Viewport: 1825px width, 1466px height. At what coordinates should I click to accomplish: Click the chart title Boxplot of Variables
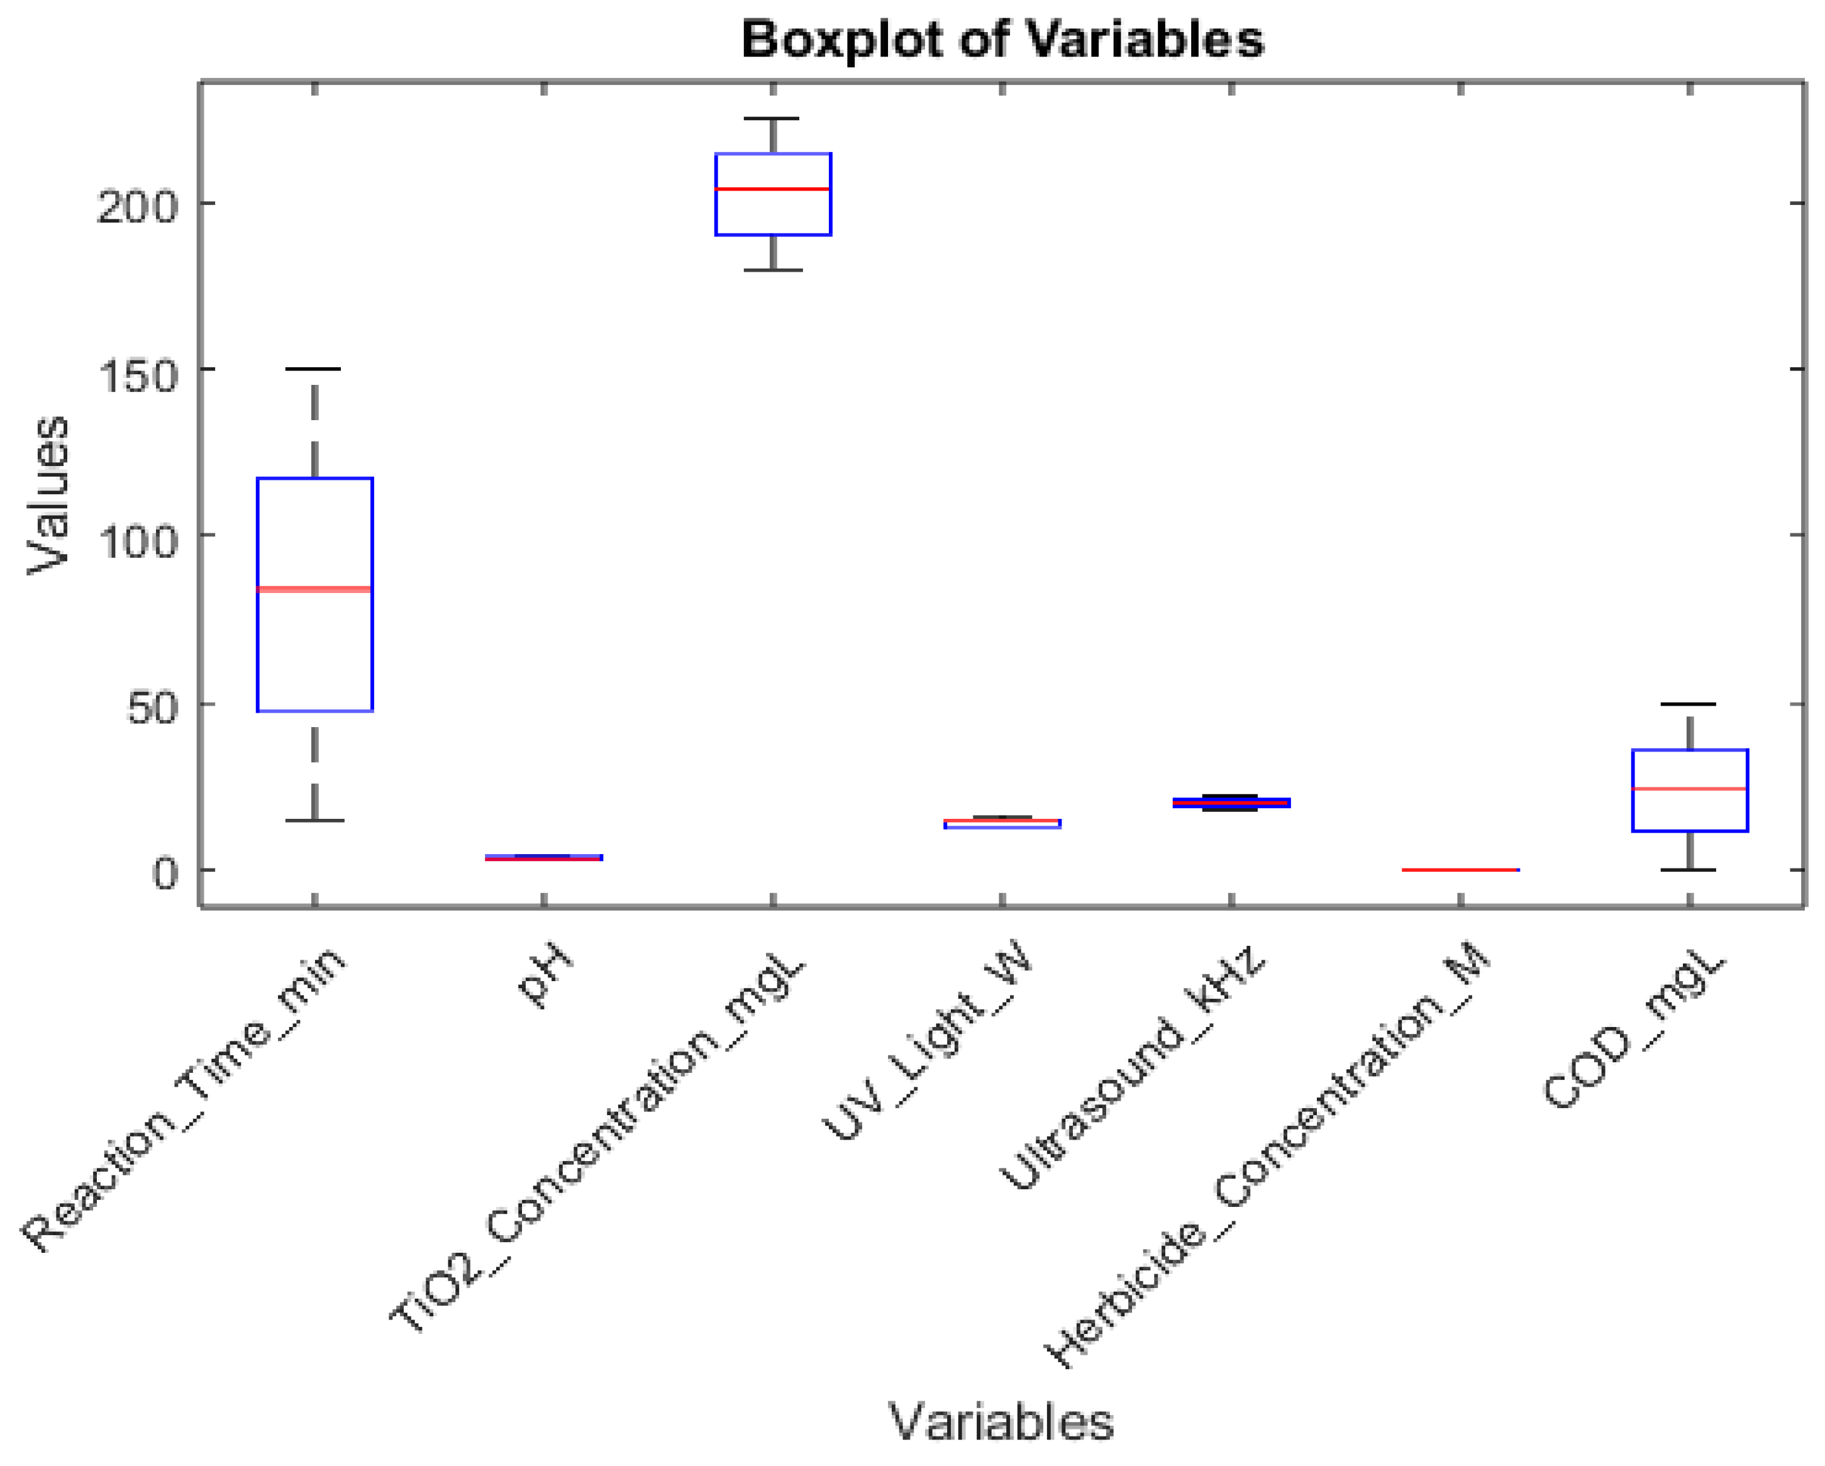(x=1001, y=39)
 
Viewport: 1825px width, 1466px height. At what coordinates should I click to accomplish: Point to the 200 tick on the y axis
(x=137, y=206)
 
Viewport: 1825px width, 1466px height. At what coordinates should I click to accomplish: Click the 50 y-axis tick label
(x=152, y=708)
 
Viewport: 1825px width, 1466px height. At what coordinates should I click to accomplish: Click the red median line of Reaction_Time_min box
(x=315, y=589)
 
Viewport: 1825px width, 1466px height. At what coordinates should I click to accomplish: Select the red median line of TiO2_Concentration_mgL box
(x=773, y=189)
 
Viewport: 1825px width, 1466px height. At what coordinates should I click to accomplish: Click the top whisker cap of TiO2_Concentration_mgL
(x=772, y=119)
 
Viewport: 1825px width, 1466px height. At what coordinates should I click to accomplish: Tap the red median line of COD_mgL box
(x=1690, y=788)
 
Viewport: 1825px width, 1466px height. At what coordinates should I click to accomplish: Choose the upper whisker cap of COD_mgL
(x=1690, y=704)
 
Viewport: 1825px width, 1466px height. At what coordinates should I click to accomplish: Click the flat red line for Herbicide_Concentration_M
(x=1460, y=869)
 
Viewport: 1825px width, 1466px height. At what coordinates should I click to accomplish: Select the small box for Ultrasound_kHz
(x=1231, y=802)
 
